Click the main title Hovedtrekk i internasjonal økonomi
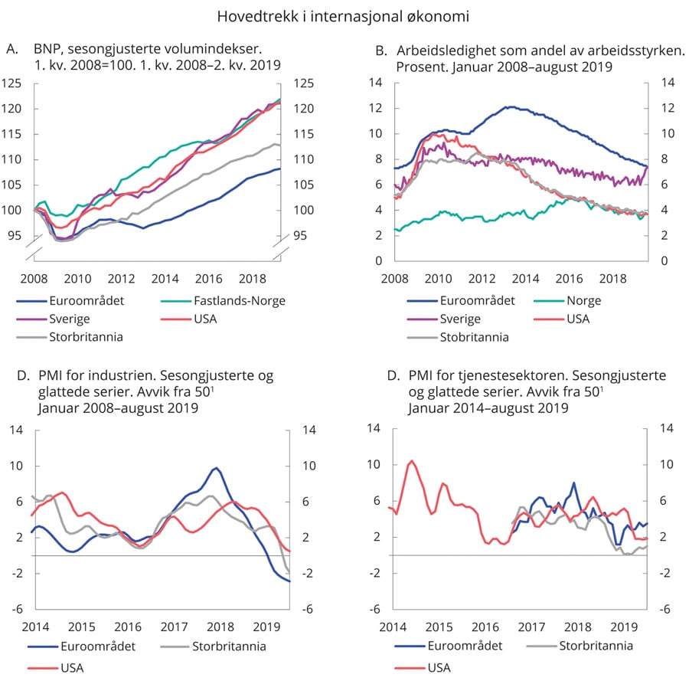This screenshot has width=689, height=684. point(343,16)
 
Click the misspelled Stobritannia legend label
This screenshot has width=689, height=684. point(475,335)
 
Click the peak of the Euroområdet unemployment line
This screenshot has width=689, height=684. point(507,106)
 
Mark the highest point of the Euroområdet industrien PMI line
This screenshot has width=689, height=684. point(217,467)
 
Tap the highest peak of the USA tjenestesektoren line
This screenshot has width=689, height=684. point(412,460)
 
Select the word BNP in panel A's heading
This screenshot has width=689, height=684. point(47,51)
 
